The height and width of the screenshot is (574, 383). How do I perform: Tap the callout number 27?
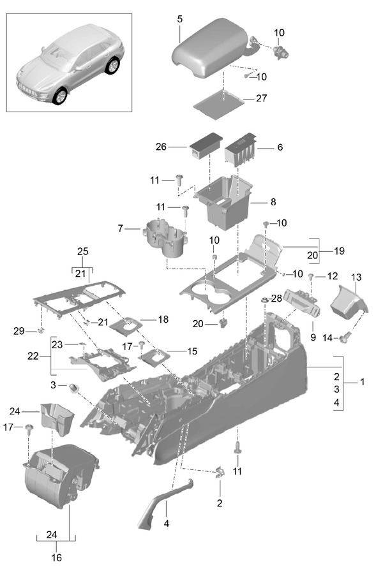261,98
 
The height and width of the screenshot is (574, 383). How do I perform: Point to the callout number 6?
279,147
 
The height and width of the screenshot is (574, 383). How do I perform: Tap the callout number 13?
356,277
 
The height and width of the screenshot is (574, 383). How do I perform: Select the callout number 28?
275,298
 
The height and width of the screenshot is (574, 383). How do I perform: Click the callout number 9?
313,336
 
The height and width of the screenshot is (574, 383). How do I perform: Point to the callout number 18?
163,319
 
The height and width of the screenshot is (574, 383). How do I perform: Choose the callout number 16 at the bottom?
56,557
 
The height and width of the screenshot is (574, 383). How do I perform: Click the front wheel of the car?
59,96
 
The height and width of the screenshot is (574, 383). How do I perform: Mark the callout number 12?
331,277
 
